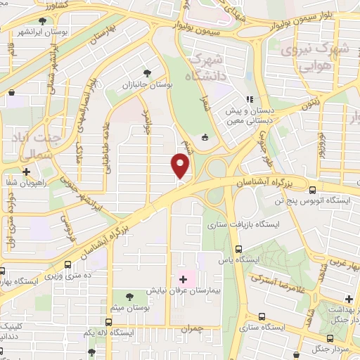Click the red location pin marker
coord(181,165)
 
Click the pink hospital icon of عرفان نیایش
coord(183,279)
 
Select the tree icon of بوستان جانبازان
coord(147,73)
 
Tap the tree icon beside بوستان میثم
coord(129,295)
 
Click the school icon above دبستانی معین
coord(248,100)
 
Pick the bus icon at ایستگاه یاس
coord(239,249)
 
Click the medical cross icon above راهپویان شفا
coord(26,171)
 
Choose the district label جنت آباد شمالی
coord(32,133)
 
